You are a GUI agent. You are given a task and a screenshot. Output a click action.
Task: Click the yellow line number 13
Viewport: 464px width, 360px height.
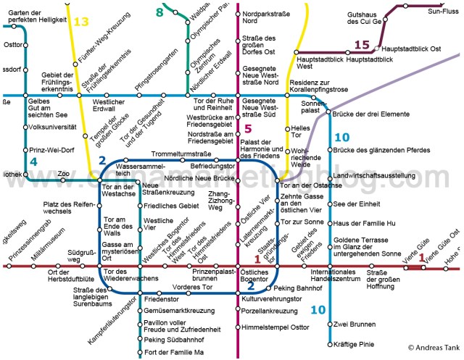tap(80, 22)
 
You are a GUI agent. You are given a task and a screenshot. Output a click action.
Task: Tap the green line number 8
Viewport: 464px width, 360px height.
tap(159, 12)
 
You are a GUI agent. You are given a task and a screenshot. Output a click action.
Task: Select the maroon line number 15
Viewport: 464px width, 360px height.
tap(362, 45)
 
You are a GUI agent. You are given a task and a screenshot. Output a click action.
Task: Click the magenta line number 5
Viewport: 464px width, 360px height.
tap(247, 128)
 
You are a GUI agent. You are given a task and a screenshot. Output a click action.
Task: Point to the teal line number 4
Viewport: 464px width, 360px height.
tap(33, 160)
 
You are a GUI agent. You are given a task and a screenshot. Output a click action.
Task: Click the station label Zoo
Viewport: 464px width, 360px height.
tap(64, 174)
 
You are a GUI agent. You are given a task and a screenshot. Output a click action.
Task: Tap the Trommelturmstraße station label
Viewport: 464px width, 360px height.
tap(181, 154)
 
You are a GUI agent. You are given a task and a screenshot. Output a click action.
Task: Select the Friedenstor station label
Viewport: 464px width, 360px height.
tap(161, 298)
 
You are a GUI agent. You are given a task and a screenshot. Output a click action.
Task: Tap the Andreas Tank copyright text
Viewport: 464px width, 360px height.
tap(434, 348)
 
